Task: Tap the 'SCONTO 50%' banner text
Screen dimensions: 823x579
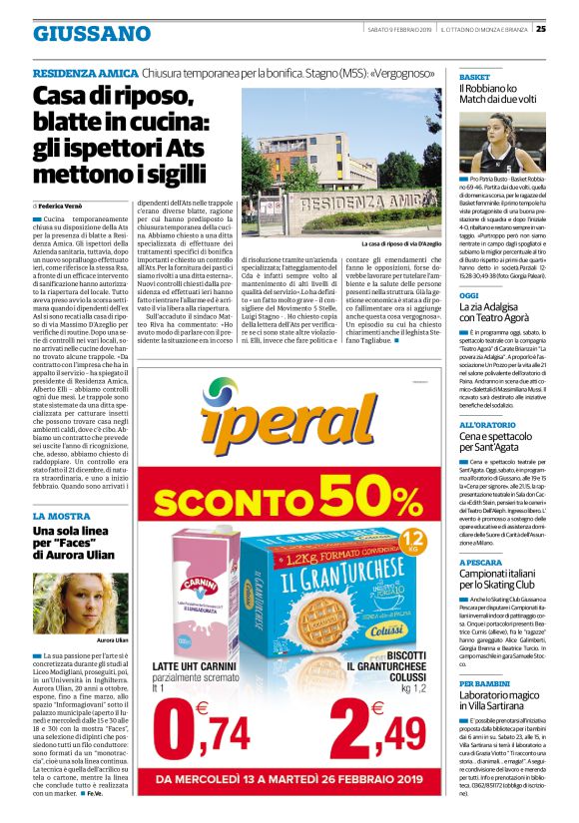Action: point(289,492)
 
